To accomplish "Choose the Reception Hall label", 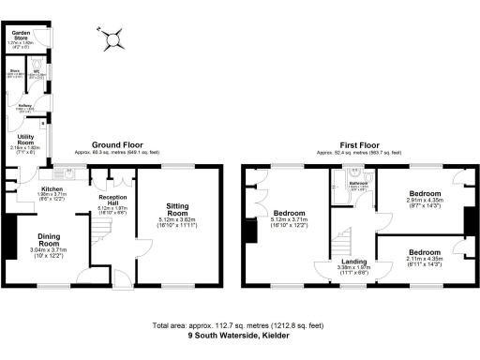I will pyautogui.click(x=112, y=202).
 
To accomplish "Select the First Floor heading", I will pyautogui.click(x=360, y=145).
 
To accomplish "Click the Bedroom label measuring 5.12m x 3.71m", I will pyautogui.click(x=288, y=213).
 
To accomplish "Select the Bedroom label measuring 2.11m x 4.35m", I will pyautogui.click(x=424, y=252).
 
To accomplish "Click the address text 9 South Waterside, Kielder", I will pyautogui.click(x=238, y=335).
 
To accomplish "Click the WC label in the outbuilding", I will pyautogui.click(x=36, y=69).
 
